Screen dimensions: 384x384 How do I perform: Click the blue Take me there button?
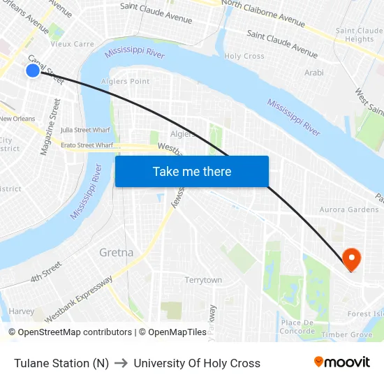(192, 172)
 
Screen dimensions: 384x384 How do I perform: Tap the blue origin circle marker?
(32, 71)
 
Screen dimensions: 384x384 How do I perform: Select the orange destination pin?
(351, 260)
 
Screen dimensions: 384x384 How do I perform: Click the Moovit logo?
(342, 362)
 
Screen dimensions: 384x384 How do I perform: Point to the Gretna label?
(117, 252)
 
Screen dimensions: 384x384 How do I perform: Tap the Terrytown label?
(203, 280)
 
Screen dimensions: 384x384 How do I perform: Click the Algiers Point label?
(126, 82)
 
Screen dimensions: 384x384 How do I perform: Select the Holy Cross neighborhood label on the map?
(244, 56)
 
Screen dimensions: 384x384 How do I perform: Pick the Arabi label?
(314, 73)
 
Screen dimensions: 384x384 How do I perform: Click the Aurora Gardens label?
(348, 209)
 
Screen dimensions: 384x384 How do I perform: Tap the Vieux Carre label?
(72, 44)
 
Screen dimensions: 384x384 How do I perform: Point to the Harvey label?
(22, 311)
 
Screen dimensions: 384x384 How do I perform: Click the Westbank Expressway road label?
(78, 300)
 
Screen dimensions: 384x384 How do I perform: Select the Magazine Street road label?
(50, 127)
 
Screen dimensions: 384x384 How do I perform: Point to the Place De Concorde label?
(297, 327)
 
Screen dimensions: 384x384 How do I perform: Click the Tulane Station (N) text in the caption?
(61, 363)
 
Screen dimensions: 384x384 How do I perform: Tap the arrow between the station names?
(121, 363)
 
